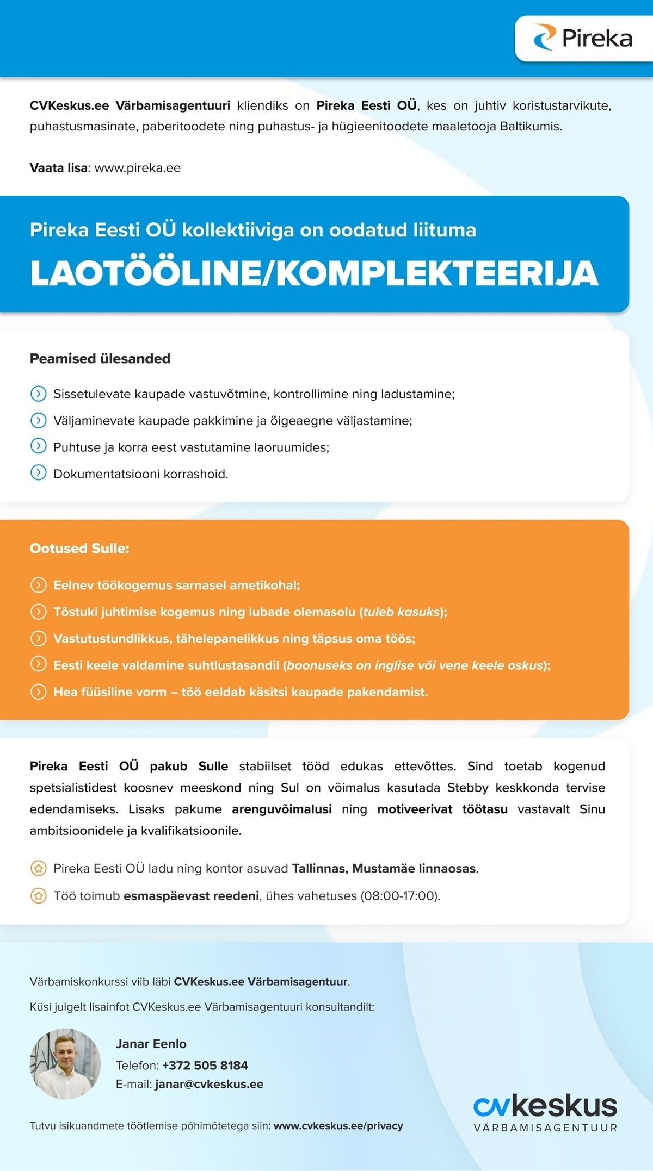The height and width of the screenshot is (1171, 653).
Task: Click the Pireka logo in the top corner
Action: click(583, 38)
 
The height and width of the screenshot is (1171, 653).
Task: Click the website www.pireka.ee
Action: click(138, 168)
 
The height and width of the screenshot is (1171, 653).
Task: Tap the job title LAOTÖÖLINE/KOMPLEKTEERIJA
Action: click(314, 273)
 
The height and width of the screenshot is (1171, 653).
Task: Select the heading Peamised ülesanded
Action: click(100, 359)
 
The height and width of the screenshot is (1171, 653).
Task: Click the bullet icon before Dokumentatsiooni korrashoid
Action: click(38, 473)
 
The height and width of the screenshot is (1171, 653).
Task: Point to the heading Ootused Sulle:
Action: click(79, 549)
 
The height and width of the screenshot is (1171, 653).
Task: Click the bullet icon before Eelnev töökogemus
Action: click(38, 585)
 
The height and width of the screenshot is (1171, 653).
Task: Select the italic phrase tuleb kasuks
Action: click(401, 612)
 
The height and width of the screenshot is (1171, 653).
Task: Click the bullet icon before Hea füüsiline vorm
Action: click(38, 692)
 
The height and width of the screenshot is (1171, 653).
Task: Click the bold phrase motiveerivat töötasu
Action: click(442, 809)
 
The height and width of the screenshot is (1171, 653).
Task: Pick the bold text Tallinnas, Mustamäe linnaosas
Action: click(384, 869)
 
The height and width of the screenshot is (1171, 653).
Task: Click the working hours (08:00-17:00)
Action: click(400, 896)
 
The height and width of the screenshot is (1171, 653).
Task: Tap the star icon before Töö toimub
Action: click(38, 895)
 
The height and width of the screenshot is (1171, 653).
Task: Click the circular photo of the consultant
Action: click(65, 1063)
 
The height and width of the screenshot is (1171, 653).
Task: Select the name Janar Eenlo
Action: click(151, 1044)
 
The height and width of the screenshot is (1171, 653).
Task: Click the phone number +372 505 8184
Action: click(205, 1066)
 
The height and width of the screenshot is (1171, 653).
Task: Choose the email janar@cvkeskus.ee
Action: click(209, 1085)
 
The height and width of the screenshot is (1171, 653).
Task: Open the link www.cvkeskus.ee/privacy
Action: click(338, 1126)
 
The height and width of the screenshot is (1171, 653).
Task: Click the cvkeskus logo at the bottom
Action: click(545, 1112)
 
